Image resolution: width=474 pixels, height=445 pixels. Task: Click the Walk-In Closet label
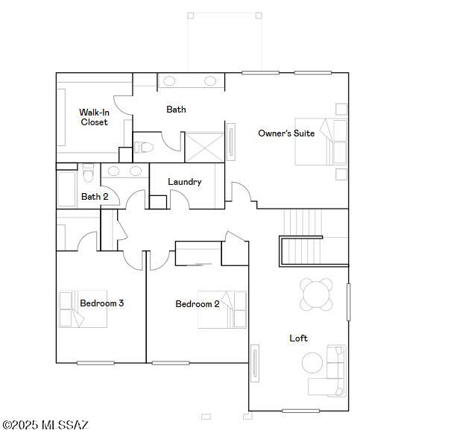tap(94, 118)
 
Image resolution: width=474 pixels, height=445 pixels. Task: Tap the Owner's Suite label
tap(286, 133)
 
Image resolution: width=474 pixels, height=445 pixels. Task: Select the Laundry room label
tap(184, 182)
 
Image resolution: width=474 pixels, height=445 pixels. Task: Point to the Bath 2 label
tap(95, 197)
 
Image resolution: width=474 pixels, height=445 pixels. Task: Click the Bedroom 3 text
tap(101, 303)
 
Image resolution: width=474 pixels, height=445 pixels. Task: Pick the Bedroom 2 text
tap(197, 304)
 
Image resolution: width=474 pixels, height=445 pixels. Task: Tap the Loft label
tap(298, 338)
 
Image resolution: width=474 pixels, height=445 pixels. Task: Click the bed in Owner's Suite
tap(320, 142)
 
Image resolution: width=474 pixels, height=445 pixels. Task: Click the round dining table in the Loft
tap(317, 294)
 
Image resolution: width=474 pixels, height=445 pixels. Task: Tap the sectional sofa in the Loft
tap(332, 373)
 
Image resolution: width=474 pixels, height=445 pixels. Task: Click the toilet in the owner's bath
tap(144, 146)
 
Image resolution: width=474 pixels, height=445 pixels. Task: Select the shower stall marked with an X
tap(203, 146)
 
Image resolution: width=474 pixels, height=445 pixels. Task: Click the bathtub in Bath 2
tap(66, 189)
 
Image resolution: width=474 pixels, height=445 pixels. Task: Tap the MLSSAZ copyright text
tap(45, 426)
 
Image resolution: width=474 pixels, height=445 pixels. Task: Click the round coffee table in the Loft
tap(312, 363)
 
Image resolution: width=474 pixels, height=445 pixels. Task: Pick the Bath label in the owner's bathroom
tap(176, 110)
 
